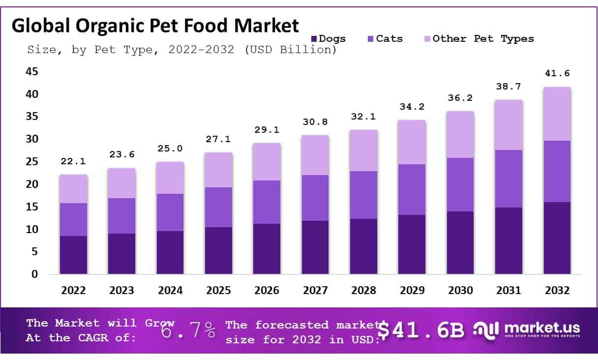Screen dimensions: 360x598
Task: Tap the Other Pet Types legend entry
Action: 478,38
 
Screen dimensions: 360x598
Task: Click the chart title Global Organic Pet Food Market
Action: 155,26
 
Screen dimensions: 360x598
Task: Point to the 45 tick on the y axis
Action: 31,72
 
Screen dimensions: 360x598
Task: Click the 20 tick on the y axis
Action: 31,184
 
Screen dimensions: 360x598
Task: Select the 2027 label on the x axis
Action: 315,291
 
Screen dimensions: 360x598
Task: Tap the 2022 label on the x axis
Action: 73,291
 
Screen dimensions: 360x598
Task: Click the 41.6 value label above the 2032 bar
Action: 557,73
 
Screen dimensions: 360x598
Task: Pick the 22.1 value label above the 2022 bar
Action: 73,161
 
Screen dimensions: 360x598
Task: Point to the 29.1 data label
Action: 267,130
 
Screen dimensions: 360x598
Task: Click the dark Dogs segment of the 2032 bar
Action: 557,238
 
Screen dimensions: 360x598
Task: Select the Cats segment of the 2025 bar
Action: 218,207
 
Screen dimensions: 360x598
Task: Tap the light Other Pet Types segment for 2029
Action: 412,142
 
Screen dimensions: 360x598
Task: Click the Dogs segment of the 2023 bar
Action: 121,254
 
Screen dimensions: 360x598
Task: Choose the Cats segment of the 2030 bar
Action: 460,184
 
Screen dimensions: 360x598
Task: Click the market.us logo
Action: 527,330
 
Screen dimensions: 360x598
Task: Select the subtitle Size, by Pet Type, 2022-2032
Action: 181,50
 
